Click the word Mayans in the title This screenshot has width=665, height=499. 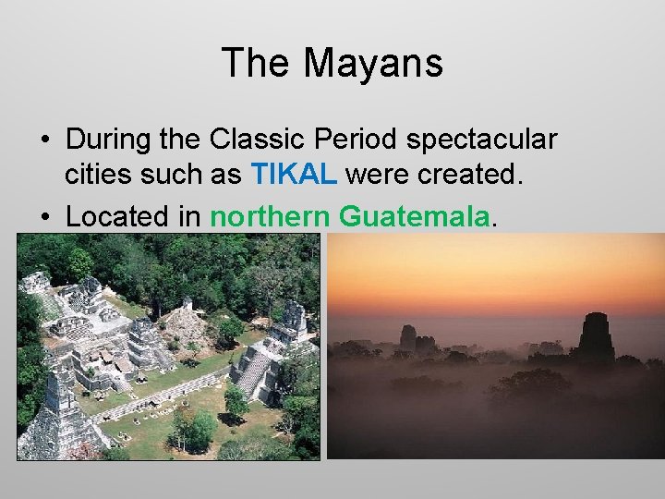click(374, 64)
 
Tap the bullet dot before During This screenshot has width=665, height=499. click(44, 140)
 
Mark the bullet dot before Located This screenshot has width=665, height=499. click(44, 217)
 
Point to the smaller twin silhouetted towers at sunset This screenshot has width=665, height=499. click(414, 341)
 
